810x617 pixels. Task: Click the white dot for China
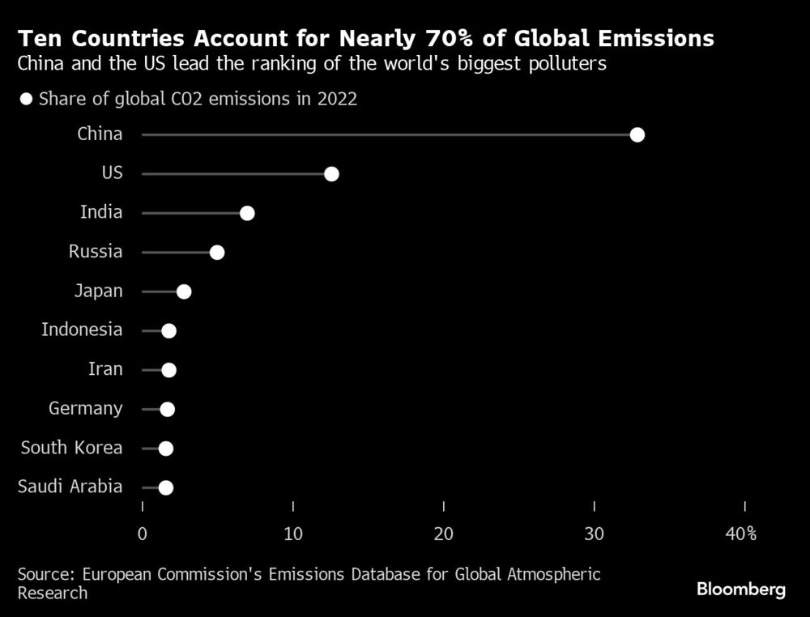pos(637,134)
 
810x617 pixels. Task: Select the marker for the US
pos(330,174)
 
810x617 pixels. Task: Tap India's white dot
pos(247,213)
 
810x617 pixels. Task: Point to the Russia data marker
pos(216,253)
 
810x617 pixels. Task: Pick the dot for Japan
pos(184,291)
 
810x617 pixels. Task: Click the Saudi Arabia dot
pos(165,487)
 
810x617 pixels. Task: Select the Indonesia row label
pos(82,330)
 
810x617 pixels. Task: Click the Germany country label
pos(85,409)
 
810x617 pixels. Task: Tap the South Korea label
pos(71,448)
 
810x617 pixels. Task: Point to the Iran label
pos(105,369)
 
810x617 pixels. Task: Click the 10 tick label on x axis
pos(293,534)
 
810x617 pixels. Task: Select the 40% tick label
pos(740,534)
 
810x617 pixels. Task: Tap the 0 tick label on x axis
pos(143,534)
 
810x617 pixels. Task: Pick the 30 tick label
pos(595,534)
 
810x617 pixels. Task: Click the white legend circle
pos(26,100)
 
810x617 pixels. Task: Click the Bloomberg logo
pos(741,589)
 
